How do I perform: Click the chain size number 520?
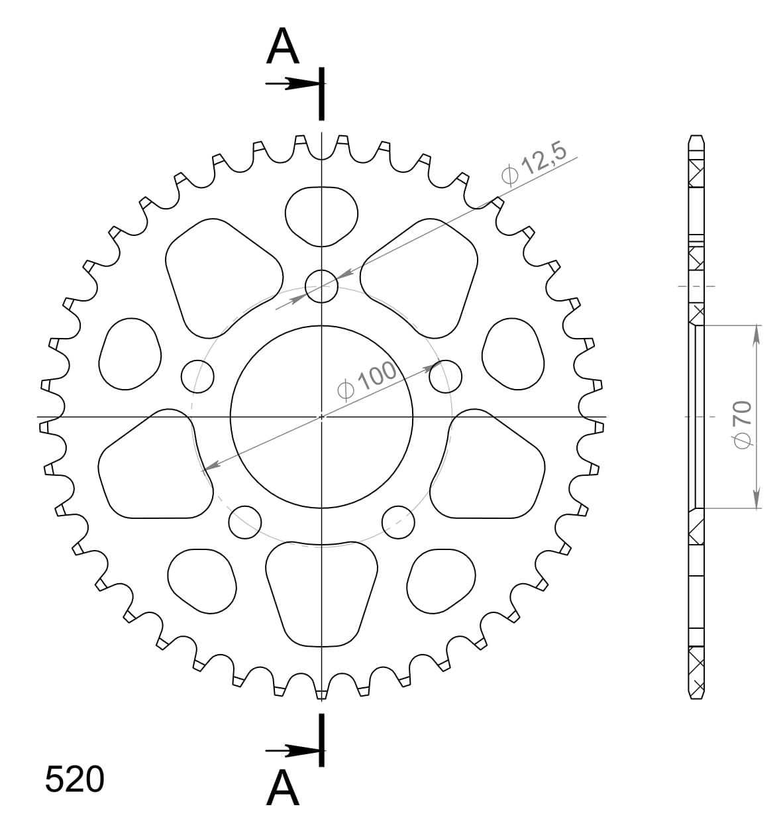(74, 779)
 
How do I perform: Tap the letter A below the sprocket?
(283, 789)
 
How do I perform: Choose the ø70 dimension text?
(743, 424)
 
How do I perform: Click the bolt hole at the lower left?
(245, 522)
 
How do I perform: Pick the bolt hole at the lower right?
(399, 522)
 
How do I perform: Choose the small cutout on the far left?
(130, 353)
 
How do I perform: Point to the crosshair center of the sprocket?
(321, 417)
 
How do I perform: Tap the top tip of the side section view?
(696, 137)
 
